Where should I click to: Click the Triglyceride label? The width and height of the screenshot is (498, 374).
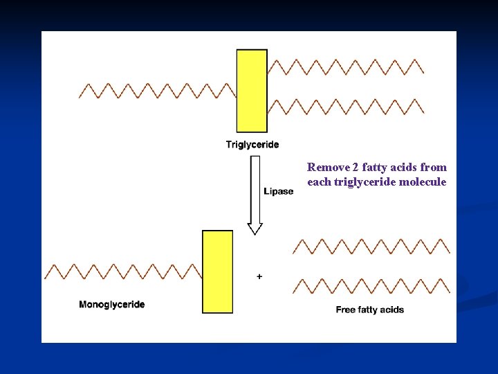pos(252,145)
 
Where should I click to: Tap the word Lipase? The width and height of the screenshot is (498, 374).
pos(278,191)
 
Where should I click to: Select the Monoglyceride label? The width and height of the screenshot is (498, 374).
pos(112,304)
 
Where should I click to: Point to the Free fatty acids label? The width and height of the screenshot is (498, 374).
pos(370,310)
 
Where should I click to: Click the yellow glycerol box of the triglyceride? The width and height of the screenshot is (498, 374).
pos(252,91)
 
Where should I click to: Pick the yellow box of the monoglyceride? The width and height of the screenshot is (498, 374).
pos(217,271)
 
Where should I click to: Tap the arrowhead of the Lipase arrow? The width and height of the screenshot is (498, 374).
pos(255,228)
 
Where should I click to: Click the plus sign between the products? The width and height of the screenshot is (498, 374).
pos(259,276)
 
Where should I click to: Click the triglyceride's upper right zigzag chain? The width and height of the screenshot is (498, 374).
pos(346,66)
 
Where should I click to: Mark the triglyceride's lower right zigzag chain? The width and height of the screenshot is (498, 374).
pos(346,107)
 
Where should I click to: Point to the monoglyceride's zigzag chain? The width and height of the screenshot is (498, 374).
pos(123,271)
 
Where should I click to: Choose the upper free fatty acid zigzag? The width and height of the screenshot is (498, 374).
pos(371,246)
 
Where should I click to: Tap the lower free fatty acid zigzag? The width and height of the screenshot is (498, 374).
pos(371,285)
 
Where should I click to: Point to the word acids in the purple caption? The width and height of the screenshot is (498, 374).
pos(403,167)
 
